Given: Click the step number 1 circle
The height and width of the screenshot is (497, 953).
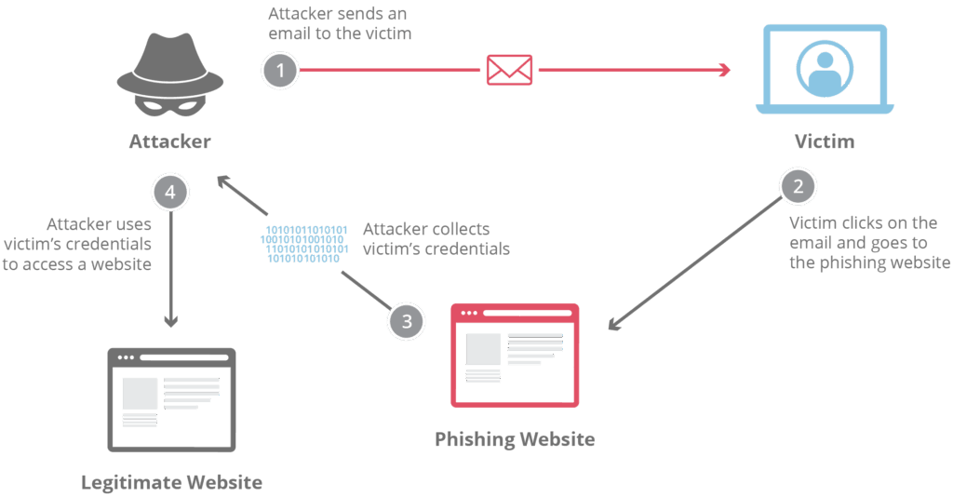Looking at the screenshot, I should click(281, 70).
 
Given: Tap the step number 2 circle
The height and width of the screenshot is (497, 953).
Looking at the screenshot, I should click(797, 186).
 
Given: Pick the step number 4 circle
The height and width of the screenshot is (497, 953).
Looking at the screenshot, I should click(169, 193).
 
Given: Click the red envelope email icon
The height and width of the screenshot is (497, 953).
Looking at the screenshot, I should click(509, 70).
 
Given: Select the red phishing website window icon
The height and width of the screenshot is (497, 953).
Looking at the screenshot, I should click(515, 355).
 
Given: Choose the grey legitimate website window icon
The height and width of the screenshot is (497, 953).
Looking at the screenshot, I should click(172, 398).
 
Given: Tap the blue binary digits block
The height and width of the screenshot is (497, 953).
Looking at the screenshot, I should click(304, 244).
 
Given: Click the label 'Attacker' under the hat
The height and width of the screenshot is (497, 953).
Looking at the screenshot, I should click(169, 142).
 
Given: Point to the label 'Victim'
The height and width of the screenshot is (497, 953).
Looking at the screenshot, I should click(825, 142).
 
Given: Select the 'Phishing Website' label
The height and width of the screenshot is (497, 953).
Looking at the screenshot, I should click(515, 438).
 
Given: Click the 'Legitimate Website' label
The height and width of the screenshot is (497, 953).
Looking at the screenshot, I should click(171, 482).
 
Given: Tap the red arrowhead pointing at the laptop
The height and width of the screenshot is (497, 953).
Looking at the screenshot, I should click(722, 70).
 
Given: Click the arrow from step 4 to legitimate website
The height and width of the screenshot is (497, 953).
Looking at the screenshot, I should click(170, 270).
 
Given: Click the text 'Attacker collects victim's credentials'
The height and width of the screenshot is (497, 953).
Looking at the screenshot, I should click(436, 238).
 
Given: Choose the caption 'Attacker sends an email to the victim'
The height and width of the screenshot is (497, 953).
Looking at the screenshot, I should click(340, 24).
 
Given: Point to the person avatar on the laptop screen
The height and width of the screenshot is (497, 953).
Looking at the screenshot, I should click(825, 66).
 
